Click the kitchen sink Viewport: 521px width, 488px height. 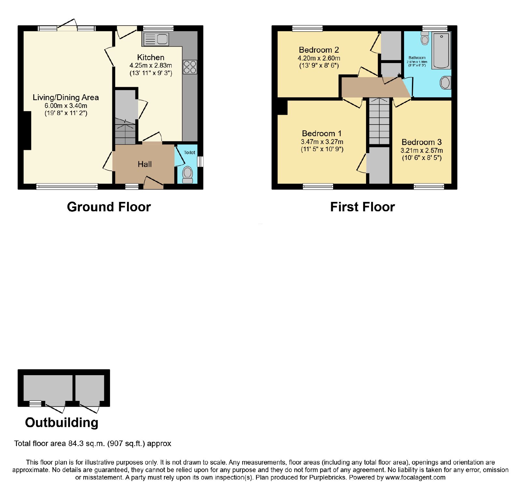(x=155, y=39)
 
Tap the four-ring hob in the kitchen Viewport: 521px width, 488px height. (x=190, y=67)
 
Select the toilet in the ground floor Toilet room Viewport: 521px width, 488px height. (x=188, y=175)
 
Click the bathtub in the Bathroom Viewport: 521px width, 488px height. (x=441, y=50)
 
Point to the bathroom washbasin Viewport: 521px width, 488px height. (x=445, y=83)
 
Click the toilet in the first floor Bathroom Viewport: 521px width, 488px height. (x=425, y=38)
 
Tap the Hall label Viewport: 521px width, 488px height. (x=145, y=164)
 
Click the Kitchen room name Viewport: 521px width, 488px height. (x=151, y=58)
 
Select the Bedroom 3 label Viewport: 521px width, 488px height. (x=422, y=142)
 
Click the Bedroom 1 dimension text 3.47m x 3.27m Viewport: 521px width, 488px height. (x=322, y=142)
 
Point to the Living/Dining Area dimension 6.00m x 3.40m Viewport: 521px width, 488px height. (x=66, y=106)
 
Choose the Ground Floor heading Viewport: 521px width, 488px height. (x=109, y=207)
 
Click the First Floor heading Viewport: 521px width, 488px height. (x=362, y=207)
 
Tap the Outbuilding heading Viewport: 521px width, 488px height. (x=62, y=422)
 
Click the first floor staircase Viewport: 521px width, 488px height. (x=379, y=121)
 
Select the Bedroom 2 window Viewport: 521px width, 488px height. (x=307, y=28)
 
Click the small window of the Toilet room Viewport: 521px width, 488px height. (x=200, y=162)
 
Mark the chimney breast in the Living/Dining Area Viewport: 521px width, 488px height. (x=27, y=131)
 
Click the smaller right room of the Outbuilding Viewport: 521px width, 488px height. (x=90, y=388)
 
